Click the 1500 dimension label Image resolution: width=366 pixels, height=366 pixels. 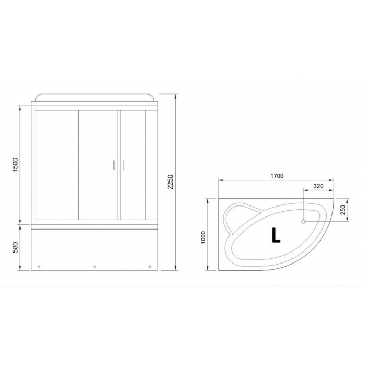tap(15, 165)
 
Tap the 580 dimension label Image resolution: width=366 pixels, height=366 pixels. tap(15, 247)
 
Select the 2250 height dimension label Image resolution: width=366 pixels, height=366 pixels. tap(171, 181)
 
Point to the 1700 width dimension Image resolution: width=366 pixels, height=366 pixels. tap(277, 176)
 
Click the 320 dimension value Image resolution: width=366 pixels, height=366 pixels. tap(318, 186)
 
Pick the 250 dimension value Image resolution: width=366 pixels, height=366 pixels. tap(343, 210)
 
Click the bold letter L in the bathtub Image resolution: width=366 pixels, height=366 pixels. tap(276, 235)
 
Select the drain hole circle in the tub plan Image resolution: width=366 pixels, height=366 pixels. tap(303, 221)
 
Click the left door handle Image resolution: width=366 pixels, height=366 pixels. tap(113, 165)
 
